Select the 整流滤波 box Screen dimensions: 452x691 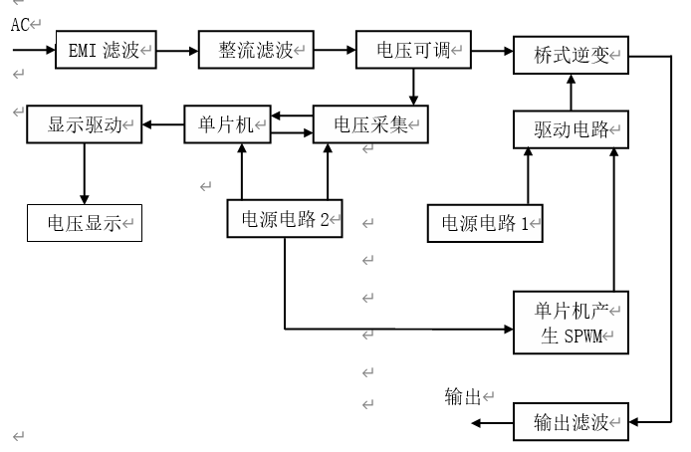pos(255,50)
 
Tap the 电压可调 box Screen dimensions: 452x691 pos(413,50)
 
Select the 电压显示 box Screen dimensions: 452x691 pos(84,223)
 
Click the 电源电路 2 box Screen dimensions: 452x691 pos(285,219)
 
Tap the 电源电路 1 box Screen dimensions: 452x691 pos(485,223)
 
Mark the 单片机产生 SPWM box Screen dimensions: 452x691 pos(571,323)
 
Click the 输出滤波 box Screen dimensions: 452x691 pos(571,422)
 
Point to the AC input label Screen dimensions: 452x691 pos(20,25)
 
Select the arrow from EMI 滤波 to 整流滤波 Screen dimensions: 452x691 pos(178,48)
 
